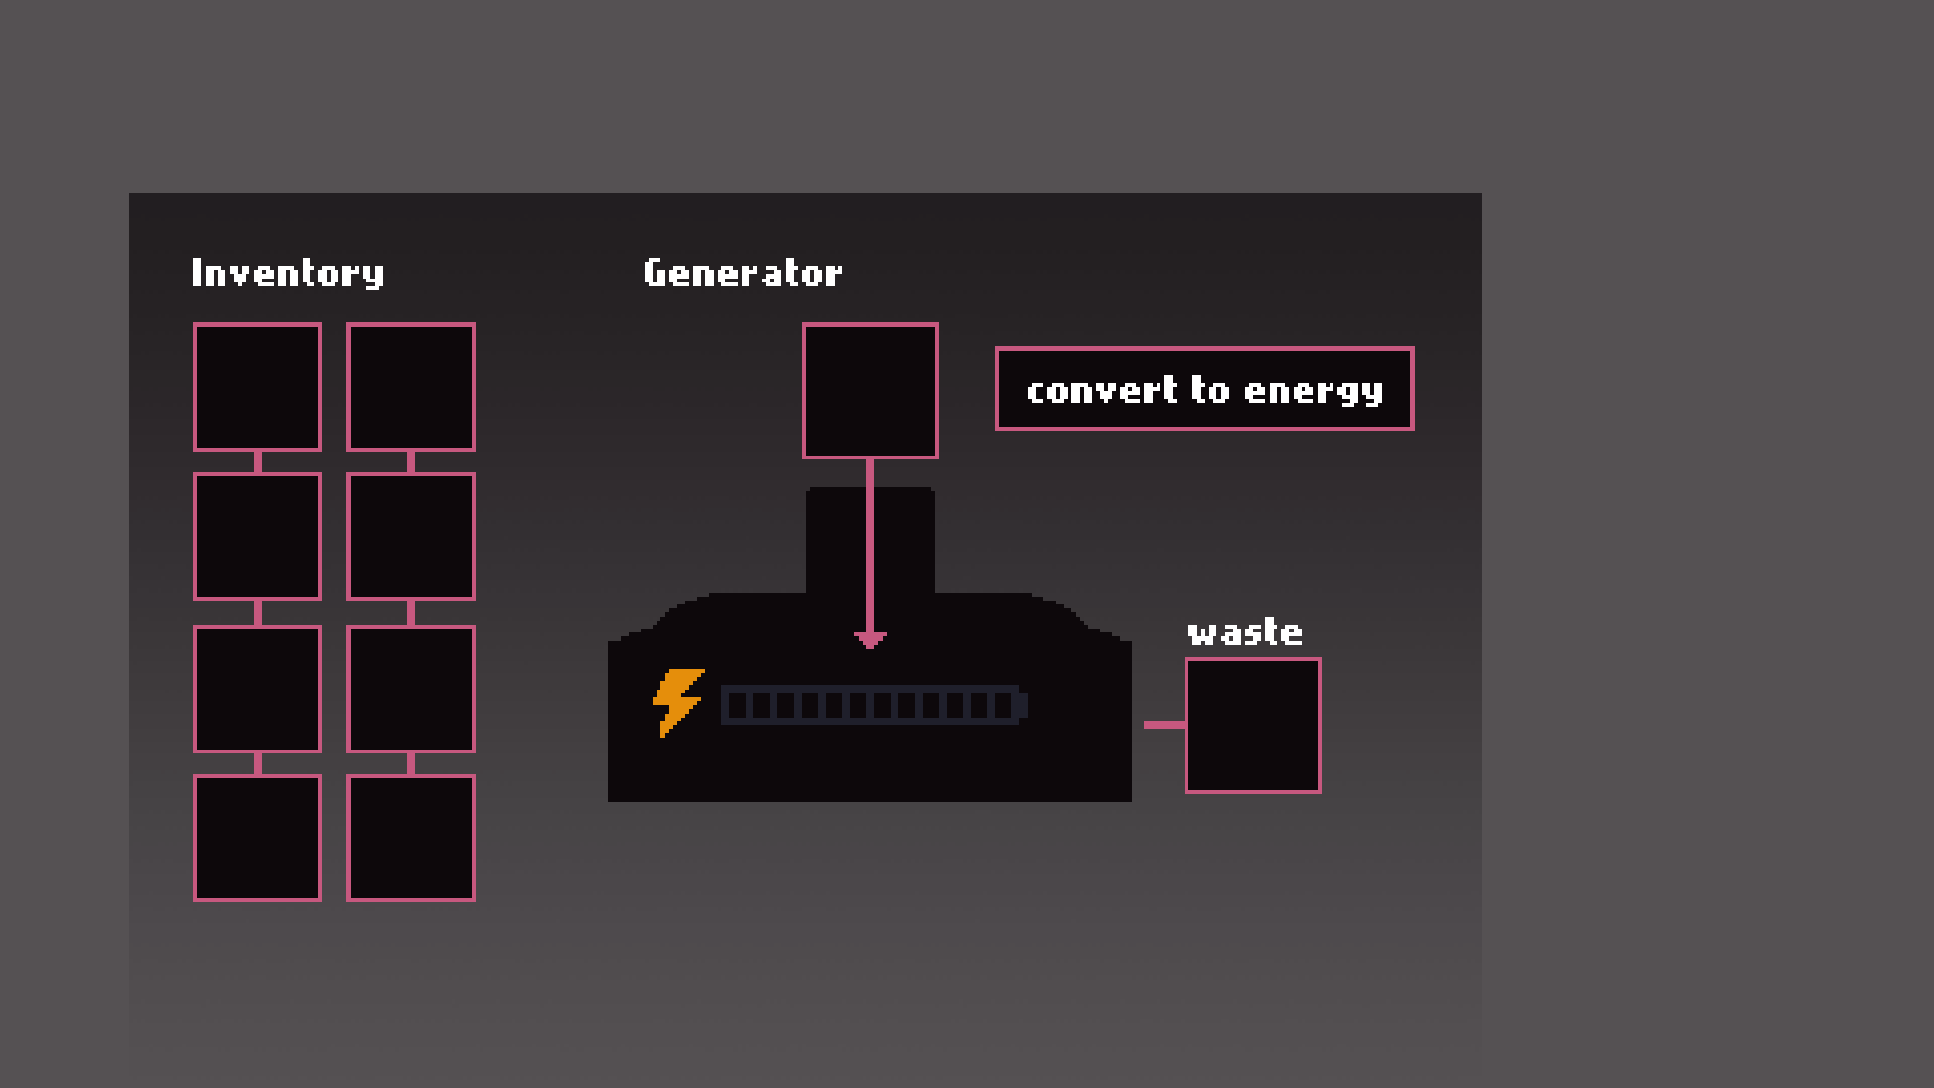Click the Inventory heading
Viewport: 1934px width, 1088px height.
(x=288, y=274)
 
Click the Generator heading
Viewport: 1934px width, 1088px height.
(x=743, y=274)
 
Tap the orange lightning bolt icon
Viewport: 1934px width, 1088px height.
(x=678, y=702)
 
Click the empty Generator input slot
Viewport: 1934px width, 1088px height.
(x=870, y=391)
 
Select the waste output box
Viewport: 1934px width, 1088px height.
(x=1253, y=725)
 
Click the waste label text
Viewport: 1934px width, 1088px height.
(x=1245, y=632)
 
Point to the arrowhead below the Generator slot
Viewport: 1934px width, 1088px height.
(x=870, y=639)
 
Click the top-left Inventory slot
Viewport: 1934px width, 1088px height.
(x=257, y=387)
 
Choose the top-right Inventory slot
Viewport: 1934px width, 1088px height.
(x=411, y=387)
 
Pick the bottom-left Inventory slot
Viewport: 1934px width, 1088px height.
(x=257, y=838)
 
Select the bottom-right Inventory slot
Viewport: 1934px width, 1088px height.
(x=411, y=838)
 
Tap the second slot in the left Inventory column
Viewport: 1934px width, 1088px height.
(x=257, y=536)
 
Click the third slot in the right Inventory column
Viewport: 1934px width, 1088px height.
(x=411, y=689)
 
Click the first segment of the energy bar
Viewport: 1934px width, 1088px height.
(x=737, y=705)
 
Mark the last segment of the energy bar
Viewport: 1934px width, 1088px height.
(x=1003, y=705)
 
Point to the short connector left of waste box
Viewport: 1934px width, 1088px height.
(x=1164, y=725)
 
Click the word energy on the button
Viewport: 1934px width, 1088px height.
(x=1313, y=392)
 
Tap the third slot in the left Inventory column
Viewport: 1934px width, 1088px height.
(x=257, y=689)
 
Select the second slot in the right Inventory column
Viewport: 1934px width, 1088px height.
(x=411, y=536)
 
